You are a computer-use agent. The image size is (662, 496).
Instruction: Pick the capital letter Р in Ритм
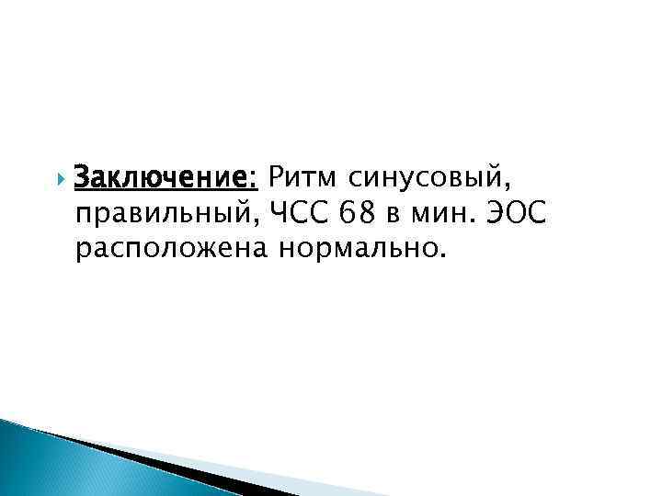(276, 175)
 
